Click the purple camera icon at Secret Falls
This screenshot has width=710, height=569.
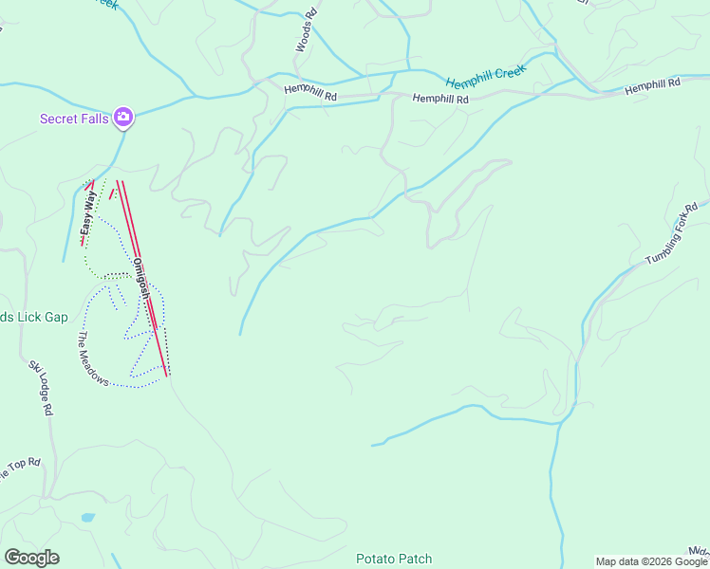[x=123, y=118]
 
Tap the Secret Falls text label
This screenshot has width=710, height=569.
[x=74, y=119]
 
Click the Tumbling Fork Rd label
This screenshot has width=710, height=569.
[x=672, y=234]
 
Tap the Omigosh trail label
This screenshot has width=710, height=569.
[x=140, y=280]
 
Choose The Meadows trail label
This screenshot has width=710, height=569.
[x=95, y=358]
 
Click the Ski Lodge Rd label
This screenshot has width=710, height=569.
[x=39, y=388]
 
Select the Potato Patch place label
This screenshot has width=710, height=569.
[x=394, y=559]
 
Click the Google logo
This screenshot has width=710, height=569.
[x=31, y=558]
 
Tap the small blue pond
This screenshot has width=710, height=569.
[x=87, y=518]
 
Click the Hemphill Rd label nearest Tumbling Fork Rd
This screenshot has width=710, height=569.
[x=653, y=84]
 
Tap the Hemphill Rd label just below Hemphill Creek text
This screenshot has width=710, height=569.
[x=440, y=99]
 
